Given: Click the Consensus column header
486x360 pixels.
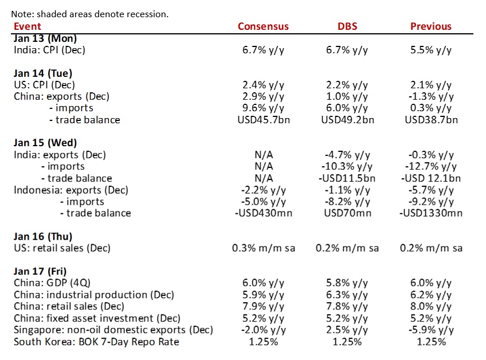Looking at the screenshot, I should (263, 26).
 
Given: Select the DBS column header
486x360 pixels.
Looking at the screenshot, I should (347, 26).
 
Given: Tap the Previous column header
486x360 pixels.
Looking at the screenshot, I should (430, 26).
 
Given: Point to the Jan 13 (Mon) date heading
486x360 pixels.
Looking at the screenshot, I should (45, 38).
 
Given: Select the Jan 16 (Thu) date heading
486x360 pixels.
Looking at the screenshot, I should (42, 236).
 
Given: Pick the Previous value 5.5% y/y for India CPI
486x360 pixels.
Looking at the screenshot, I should (430, 50).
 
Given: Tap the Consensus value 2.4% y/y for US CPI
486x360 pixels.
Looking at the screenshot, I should (263, 85).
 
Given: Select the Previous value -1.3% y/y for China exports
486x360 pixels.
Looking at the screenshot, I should (430, 96).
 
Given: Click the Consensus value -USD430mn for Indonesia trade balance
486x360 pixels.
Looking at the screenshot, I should (263, 213).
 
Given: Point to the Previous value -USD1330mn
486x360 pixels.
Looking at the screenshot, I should (430, 213).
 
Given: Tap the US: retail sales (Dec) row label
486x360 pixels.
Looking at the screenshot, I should (62, 248).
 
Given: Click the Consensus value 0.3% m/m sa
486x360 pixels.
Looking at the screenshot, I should (263, 248).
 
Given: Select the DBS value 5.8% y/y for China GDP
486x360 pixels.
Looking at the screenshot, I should (347, 283).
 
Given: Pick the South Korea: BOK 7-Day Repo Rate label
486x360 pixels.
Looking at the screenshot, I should (96, 342).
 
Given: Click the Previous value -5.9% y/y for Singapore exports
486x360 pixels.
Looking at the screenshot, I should (430, 330).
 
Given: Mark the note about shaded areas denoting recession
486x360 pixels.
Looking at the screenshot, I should (90, 14).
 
